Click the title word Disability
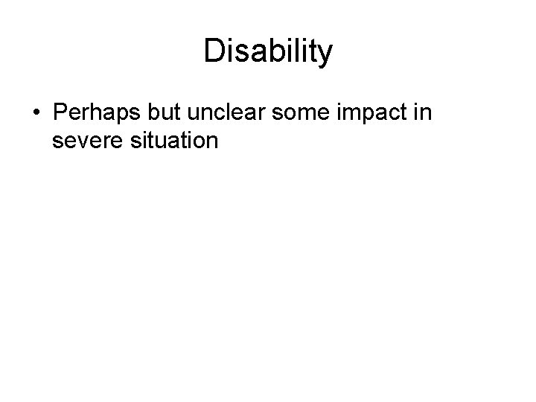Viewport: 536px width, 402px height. (x=268, y=52)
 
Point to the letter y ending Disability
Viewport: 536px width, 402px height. (x=326, y=54)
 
